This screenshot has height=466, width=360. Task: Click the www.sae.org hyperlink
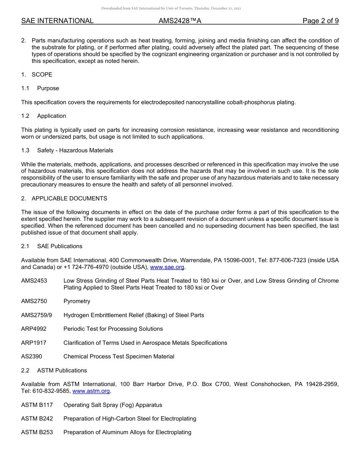coord(167,267)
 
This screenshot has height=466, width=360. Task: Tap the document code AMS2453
coord(34,281)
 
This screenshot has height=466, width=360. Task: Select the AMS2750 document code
coord(34,301)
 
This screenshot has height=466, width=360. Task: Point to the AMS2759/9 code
coord(36,315)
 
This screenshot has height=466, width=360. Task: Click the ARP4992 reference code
coord(34,329)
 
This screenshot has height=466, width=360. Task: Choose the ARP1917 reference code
coord(34,343)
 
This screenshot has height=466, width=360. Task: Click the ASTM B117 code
coord(37,405)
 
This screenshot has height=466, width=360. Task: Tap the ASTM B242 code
coord(37,419)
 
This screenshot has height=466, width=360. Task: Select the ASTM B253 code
coord(37,432)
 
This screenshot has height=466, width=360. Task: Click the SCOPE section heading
coord(42,75)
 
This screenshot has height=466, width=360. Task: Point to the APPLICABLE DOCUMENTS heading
coord(69,199)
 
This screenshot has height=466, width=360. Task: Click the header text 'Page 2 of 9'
coord(320,21)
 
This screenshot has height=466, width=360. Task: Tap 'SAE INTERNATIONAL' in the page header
coord(57,21)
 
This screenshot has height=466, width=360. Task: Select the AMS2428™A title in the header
coord(180,21)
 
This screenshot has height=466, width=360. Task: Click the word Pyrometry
coord(77,301)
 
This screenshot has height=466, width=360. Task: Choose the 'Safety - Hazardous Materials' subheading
coord(75,150)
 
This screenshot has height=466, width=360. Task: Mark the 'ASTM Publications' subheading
coord(62,371)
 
